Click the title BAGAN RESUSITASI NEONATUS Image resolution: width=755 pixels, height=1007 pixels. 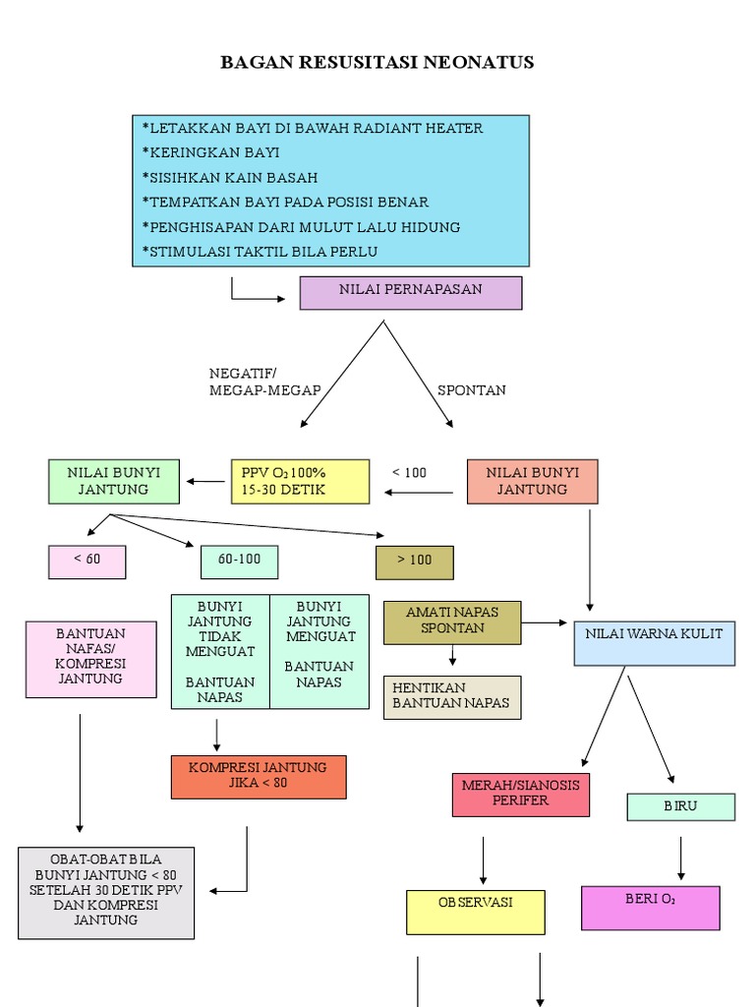(x=377, y=63)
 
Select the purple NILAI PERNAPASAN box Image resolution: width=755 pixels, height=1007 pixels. (x=411, y=293)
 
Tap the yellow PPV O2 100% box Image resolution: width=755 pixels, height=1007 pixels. (x=300, y=481)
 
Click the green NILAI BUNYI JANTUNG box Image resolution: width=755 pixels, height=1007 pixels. (x=108, y=481)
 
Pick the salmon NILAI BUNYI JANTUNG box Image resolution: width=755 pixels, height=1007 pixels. (x=532, y=481)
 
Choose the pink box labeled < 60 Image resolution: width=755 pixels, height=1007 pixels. (x=87, y=561)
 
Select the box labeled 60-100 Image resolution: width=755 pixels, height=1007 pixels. (x=239, y=561)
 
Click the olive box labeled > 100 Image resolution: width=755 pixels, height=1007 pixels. (x=415, y=562)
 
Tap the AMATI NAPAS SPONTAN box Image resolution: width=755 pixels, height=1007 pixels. (x=452, y=622)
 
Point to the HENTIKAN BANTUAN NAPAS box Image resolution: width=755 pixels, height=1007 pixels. (x=452, y=697)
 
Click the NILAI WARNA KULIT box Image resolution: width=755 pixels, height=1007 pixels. (x=654, y=642)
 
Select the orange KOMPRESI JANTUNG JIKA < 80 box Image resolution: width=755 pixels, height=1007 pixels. (x=259, y=777)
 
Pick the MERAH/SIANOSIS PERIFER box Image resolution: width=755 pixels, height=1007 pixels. (x=521, y=795)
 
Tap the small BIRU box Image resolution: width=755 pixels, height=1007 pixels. (x=680, y=806)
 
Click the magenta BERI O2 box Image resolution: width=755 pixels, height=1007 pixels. (x=650, y=907)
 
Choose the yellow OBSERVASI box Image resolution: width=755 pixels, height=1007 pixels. (x=476, y=912)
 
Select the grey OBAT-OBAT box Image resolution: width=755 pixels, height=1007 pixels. (x=106, y=893)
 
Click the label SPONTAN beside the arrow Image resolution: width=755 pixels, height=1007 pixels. (x=472, y=390)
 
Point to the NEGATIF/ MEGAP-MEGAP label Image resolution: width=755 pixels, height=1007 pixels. (x=264, y=382)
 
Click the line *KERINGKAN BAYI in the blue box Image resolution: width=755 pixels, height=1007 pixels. (x=211, y=152)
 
